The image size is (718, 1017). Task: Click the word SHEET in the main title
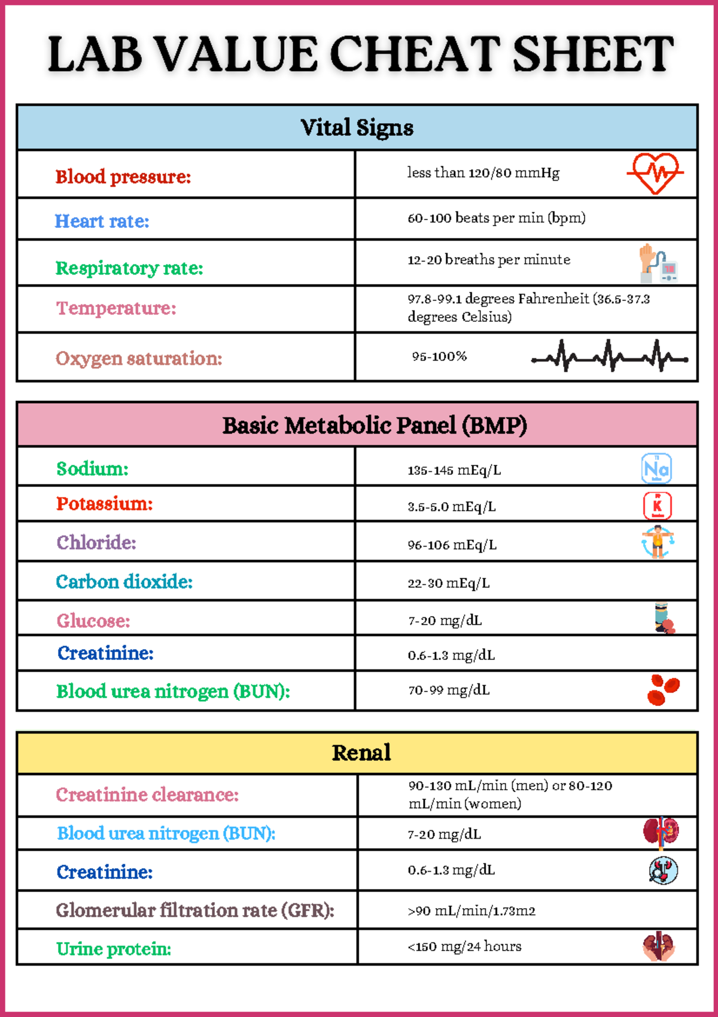pyautogui.click(x=593, y=54)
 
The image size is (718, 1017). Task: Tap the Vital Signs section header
pyautogui.click(x=357, y=127)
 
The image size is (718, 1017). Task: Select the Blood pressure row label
pyautogui.click(x=123, y=177)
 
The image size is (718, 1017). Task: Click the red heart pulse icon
pyautogui.click(x=655, y=173)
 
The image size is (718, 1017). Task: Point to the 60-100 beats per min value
pyautogui.click(x=496, y=218)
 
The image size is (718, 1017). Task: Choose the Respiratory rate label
pyautogui.click(x=129, y=268)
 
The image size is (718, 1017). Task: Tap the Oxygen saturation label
pyautogui.click(x=139, y=358)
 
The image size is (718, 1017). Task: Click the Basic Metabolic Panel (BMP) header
pyautogui.click(x=375, y=425)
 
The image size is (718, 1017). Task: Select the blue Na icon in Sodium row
pyautogui.click(x=656, y=468)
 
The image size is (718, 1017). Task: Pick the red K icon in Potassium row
pyautogui.click(x=657, y=506)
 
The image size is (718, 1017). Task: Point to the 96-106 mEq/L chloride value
pyautogui.click(x=452, y=545)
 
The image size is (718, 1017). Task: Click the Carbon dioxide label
pyautogui.click(x=124, y=581)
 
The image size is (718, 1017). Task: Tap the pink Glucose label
pyautogui.click(x=93, y=621)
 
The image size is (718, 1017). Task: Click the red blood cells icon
pyautogui.click(x=662, y=690)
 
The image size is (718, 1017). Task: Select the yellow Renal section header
pyautogui.click(x=361, y=753)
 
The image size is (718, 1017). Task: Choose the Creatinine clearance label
pyautogui.click(x=147, y=794)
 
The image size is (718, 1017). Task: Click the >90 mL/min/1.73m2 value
pyautogui.click(x=471, y=911)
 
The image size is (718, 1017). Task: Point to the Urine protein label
pyautogui.click(x=114, y=949)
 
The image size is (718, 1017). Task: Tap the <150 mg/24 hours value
pyautogui.click(x=464, y=946)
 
